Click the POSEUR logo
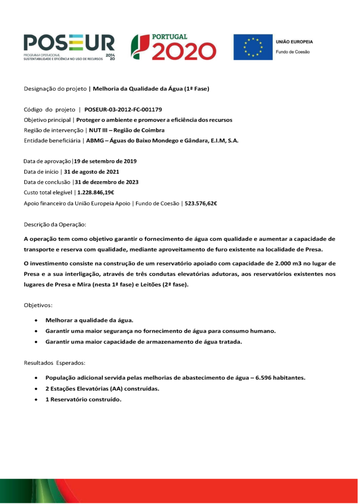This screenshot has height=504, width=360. point(69,47)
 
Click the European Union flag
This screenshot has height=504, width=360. point(253,47)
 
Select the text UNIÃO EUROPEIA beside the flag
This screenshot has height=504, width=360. point(294,42)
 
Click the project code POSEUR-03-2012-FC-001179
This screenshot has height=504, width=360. point(123,109)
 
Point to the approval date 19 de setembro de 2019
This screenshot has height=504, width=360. point(105,161)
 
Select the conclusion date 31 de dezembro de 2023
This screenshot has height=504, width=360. point(107,182)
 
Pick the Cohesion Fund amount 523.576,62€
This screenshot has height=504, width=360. point(201,203)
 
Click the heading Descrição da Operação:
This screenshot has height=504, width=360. point(55,224)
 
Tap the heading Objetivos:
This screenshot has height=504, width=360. point(38,305)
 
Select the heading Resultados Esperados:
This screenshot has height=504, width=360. point(55,363)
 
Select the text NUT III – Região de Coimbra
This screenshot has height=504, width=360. point(126,130)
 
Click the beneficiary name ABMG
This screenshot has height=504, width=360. point(95,141)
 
